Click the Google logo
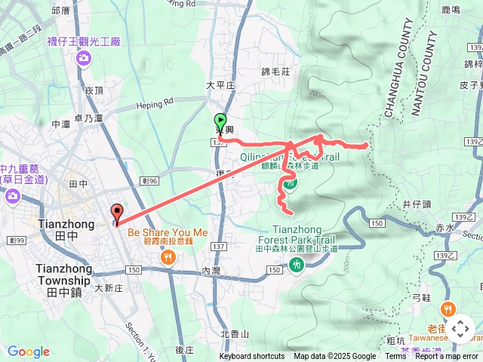[29, 351]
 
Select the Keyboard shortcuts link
[252, 357]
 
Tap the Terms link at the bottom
[395, 357]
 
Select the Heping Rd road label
[155, 100]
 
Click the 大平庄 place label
[220, 85]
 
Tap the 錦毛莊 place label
[275, 71]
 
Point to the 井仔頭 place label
[417, 204]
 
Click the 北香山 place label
[235, 333]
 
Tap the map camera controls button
[460, 330]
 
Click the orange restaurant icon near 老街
[448, 308]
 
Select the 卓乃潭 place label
[88, 118]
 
